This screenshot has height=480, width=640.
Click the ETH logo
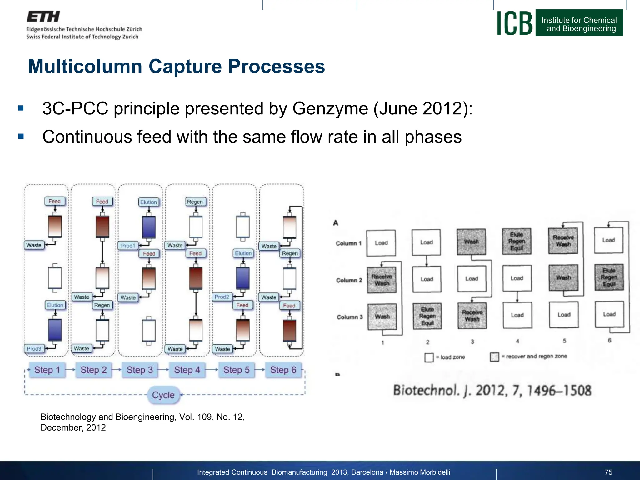click(43, 17)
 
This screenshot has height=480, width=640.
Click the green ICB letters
click(515, 23)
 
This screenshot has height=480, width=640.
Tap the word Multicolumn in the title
click(85, 67)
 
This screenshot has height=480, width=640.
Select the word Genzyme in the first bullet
click(330, 109)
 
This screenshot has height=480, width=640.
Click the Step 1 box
click(47, 370)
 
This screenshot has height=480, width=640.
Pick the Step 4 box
click(187, 370)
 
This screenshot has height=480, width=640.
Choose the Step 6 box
click(283, 370)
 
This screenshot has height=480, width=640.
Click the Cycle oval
click(163, 395)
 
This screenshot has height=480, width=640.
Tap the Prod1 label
click(128, 246)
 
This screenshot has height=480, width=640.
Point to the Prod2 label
click(222, 297)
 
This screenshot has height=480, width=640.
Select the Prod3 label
click(34, 349)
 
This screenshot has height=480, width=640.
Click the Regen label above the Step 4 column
click(195, 202)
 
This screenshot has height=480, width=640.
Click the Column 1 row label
click(348, 243)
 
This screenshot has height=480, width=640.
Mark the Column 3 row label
click(350, 317)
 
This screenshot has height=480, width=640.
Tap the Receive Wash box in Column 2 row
click(382, 280)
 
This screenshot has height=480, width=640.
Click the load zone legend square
click(429, 357)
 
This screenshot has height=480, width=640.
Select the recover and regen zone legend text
click(536, 357)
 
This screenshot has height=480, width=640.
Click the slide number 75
click(608, 472)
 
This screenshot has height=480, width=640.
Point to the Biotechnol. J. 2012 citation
click(492, 391)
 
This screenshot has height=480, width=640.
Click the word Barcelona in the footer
click(367, 472)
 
